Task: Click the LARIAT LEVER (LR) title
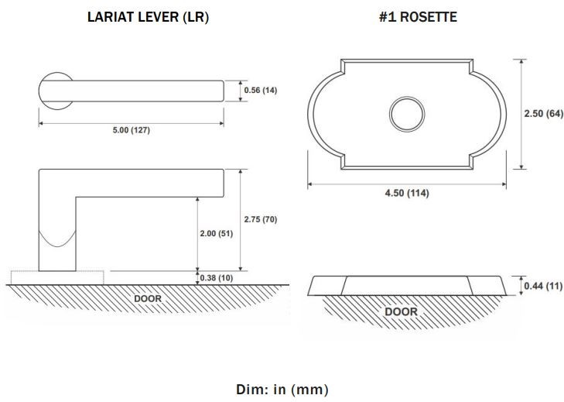pos(148,16)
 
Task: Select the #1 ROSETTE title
pos(418,16)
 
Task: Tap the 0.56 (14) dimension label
pos(260,91)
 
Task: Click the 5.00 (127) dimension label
pos(131,130)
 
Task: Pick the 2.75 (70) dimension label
pos(260,219)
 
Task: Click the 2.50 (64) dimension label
pos(543,114)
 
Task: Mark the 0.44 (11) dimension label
pos(542,286)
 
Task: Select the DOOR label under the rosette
pos(401,311)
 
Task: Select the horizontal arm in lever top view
pos(147,91)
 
